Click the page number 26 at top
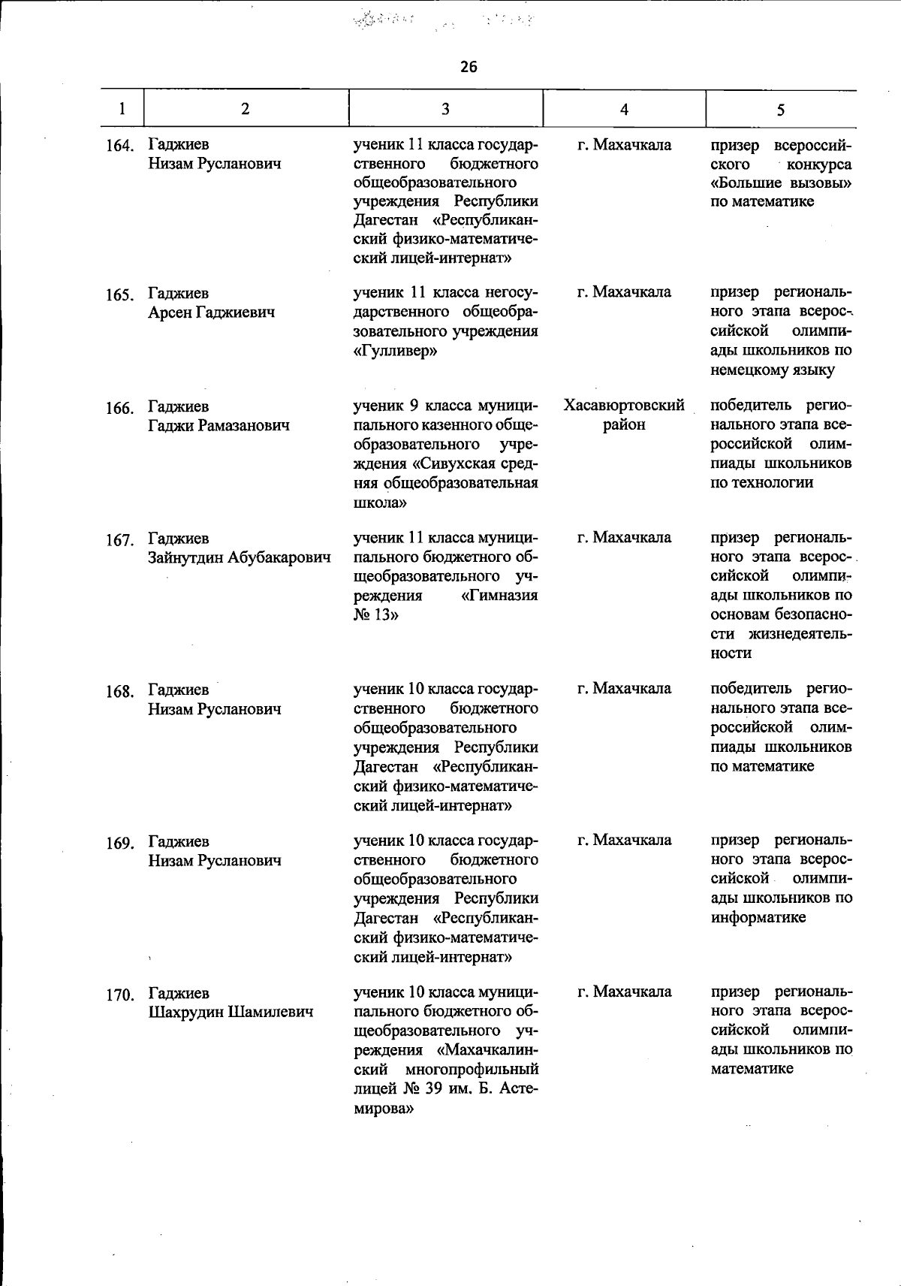click(469, 67)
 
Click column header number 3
click(445, 109)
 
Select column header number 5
click(781, 110)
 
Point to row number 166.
click(119, 409)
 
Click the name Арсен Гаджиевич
click(211, 312)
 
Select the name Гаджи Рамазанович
click(218, 426)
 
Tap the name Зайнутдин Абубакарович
click(240, 557)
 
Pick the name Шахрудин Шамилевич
click(231, 1012)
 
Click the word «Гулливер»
click(394, 350)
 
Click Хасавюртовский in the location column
click(624, 406)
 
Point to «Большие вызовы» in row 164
click(781, 183)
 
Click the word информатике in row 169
click(758, 917)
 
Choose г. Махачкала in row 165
click(624, 291)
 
